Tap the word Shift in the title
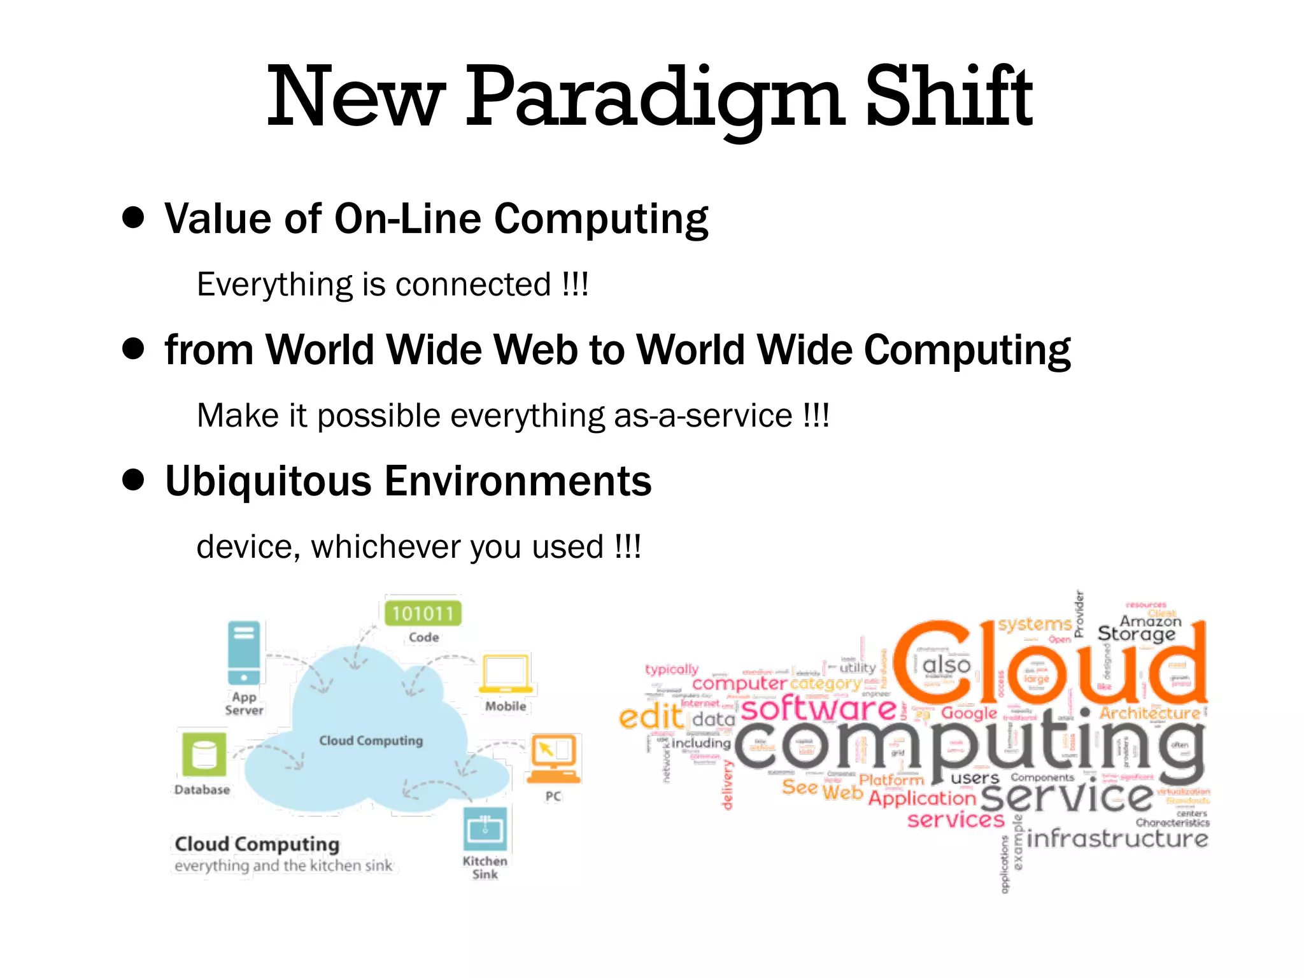(x=949, y=97)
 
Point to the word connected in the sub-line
(x=472, y=285)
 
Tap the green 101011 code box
(x=423, y=613)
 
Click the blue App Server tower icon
(x=244, y=653)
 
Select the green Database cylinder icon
(x=204, y=755)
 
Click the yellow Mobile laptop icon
(x=506, y=674)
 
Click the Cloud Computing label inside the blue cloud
(x=371, y=741)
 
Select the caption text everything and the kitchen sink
(x=283, y=866)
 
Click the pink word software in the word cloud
(x=819, y=709)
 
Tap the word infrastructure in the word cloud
(x=1117, y=838)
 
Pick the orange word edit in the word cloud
(x=650, y=718)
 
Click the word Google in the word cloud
(x=968, y=713)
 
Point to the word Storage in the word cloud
(x=1136, y=634)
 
